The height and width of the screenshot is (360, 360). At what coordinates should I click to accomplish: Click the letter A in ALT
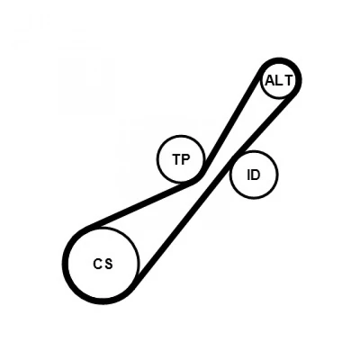(270, 80)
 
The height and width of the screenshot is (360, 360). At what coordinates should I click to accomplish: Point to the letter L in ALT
(278, 80)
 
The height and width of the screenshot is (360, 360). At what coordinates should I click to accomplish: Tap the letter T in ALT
(288, 80)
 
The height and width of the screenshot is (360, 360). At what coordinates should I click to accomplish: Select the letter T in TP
(177, 159)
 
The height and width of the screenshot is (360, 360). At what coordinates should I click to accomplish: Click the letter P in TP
(185, 159)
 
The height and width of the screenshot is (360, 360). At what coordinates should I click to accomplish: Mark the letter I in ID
(248, 175)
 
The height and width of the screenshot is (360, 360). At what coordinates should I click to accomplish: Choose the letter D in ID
(256, 175)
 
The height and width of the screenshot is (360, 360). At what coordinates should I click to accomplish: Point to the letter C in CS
(98, 264)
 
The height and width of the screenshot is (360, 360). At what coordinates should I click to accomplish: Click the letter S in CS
(109, 264)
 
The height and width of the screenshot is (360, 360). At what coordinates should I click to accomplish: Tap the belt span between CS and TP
(141, 204)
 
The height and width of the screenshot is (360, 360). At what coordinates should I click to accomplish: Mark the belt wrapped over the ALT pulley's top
(281, 60)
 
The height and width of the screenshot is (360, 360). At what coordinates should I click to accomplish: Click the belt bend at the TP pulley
(199, 177)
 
